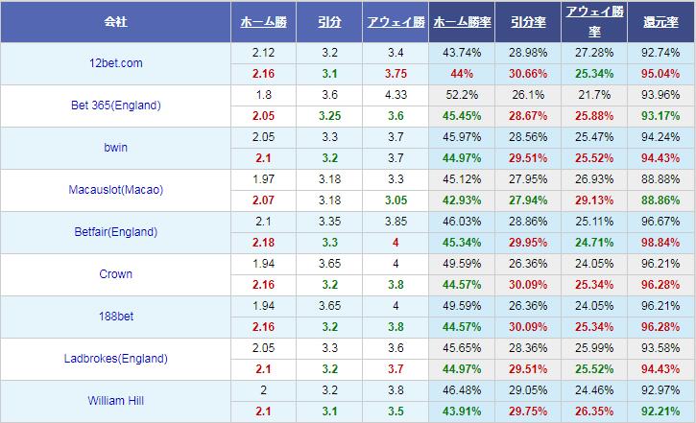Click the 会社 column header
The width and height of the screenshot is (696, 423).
(115, 20)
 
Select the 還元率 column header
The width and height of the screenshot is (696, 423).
(661, 21)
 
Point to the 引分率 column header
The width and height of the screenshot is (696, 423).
(528, 21)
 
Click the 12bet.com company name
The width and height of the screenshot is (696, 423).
(114, 63)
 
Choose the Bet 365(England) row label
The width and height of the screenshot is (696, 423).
(114, 106)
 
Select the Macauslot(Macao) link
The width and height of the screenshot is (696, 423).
(114, 190)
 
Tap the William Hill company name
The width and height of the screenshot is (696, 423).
(114, 401)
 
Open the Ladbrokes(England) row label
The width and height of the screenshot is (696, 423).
(114, 359)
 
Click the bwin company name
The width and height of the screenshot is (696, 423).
(114, 148)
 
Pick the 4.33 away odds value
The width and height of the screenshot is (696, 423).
(395, 95)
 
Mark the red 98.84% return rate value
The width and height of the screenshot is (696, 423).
(661, 243)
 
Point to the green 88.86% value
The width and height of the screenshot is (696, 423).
(661, 200)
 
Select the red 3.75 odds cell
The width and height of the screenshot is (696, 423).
(395, 74)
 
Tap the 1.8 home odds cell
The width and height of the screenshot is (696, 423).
(264, 95)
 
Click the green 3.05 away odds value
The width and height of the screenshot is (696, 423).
(395, 200)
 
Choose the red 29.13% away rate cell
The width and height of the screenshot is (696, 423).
(594, 200)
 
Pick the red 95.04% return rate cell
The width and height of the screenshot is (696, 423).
(661, 74)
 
